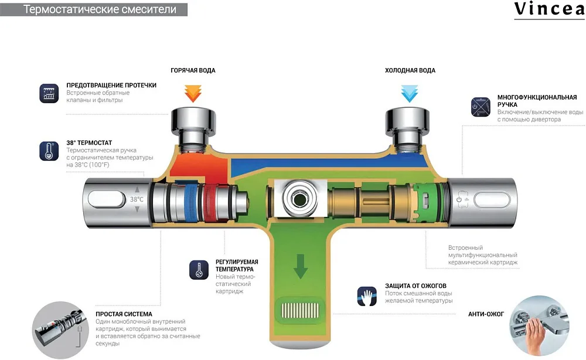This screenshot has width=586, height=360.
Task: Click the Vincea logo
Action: (x=549, y=9)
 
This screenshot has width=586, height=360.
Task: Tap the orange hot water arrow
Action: (x=193, y=93)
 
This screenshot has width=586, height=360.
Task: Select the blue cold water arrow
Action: (x=409, y=93)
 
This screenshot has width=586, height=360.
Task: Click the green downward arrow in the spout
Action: (x=301, y=266)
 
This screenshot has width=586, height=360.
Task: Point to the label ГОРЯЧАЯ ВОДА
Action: (x=193, y=70)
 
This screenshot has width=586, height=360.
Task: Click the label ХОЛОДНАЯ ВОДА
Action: (x=410, y=70)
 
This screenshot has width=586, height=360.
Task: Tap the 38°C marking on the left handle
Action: (x=137, y=199)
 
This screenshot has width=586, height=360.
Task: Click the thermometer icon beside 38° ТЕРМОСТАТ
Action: (x=49, y=151)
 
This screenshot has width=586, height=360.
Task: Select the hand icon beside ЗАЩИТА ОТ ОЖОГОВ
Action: (x=367, y=296)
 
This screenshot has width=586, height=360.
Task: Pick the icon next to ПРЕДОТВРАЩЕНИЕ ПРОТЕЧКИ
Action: (x=49, y=93)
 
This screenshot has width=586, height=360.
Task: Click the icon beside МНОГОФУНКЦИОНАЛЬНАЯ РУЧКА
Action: (x=481, y=107)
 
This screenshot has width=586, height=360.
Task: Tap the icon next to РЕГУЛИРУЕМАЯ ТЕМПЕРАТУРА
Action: (x=199, y=270)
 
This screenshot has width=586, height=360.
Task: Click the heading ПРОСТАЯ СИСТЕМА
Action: (x=124, y=314)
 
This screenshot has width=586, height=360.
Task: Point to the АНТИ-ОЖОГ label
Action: (x=486, y=314)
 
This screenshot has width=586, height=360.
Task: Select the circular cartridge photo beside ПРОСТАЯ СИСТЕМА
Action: (x=60, y=330)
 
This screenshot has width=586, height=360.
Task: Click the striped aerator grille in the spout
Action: (x=300, y=310)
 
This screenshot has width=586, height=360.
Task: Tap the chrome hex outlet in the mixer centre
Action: (x=299, y=199)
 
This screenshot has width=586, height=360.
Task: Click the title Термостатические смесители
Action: (x=100, y=9)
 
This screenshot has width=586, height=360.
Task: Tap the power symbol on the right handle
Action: (x=459, y=199)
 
